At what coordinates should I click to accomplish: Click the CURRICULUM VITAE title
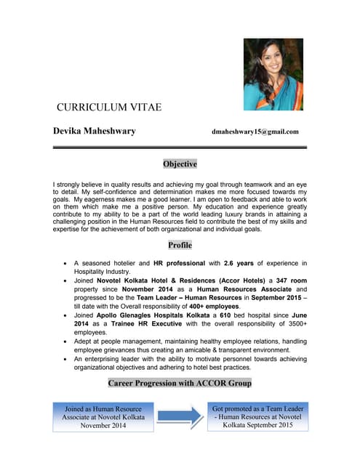pyautogui.click(x=109, y=108)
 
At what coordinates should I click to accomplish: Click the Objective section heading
pyautogui.click(x=180, y=164)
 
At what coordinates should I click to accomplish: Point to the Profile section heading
pyautogui.click(x=180, y=246)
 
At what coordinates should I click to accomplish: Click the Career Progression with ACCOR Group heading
pyautogui.click(x=180, y=382)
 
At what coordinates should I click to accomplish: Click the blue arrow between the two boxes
pyautogui.click(x=180, y=417)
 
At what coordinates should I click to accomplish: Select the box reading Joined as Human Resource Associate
pyautogui.click(x=103, y=417)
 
